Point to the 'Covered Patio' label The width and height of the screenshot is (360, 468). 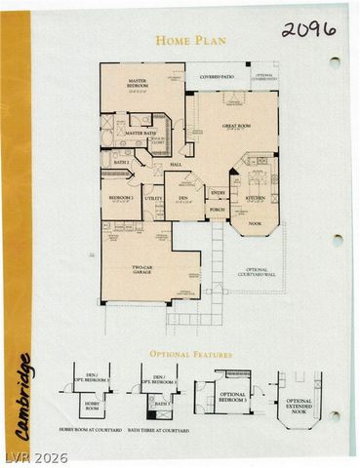click(x=216, y=76)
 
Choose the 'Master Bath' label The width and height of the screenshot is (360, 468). click(x=140, y=133)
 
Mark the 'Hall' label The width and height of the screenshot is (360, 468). click(x=177, y=165)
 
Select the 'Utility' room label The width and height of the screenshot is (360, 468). click(x=153, y=198)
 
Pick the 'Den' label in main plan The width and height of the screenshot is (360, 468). click(x=182, y=198)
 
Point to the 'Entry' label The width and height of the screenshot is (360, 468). click(x=217, y=193)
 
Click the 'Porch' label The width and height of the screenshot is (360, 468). click(x=217, y=209)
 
